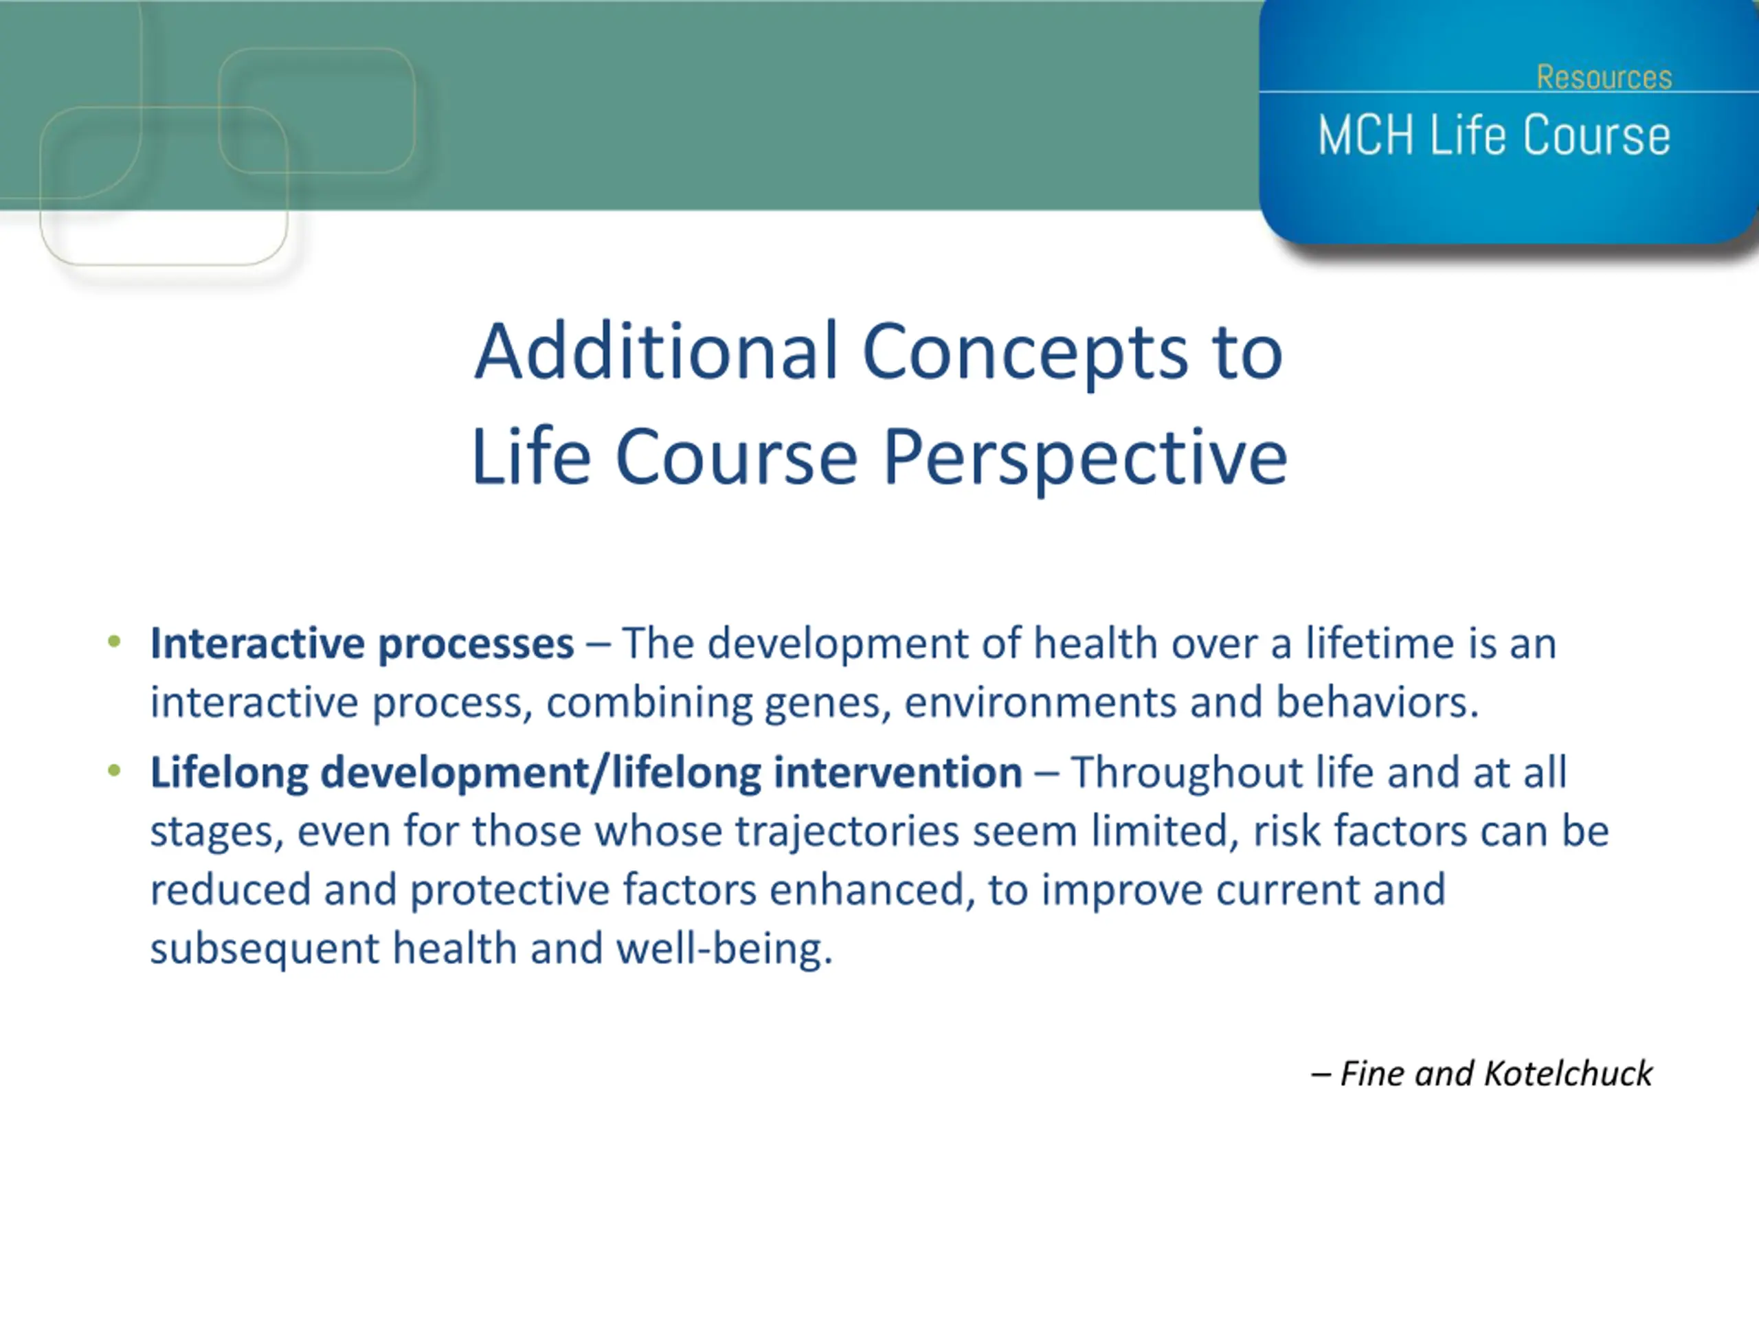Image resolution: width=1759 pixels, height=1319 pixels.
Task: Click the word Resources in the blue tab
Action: point(1604,77)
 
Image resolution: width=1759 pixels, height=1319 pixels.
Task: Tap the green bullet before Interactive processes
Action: point(115,641)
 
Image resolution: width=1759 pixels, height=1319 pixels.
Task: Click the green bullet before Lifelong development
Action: point(115,769)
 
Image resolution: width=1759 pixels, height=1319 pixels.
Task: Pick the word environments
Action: point(1040,703)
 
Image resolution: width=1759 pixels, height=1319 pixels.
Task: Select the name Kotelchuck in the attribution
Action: point(1568,1074)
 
